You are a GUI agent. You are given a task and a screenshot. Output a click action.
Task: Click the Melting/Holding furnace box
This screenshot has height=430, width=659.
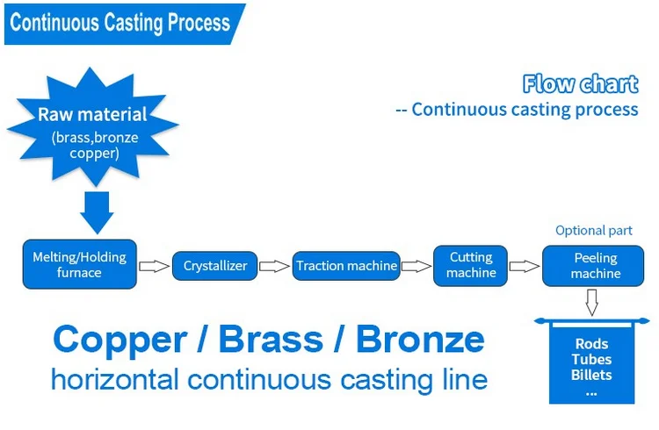pos(79,264)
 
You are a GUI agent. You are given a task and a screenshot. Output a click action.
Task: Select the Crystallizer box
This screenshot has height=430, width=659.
pos(215,266)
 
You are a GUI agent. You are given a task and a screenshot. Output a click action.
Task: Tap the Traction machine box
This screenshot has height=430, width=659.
pos(346,266)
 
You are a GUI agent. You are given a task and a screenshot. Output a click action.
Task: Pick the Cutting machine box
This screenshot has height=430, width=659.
pos(471,264)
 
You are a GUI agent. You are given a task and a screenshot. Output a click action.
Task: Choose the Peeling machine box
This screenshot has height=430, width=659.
pos(596,265)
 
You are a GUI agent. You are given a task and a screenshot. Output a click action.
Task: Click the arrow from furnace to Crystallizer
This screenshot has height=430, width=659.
pos(154,266)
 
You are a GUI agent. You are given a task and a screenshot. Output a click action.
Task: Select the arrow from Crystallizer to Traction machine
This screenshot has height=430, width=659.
pos(275,266)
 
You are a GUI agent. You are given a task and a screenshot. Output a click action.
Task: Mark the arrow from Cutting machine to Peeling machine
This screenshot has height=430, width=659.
pos(525,265)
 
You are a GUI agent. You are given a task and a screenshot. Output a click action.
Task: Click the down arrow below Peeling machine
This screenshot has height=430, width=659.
pos(592,303)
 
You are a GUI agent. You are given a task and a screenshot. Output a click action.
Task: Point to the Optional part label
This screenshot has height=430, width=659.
pos(593,231)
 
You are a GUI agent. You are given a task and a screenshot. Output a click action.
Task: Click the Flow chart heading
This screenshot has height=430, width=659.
pos(580,84)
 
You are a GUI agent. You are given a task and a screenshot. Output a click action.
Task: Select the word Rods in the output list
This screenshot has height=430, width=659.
pos(590,344)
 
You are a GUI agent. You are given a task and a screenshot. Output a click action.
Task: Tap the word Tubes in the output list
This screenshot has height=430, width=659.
pos(590,360)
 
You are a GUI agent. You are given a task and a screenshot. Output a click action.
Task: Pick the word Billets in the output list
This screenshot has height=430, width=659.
pos(590,375)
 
